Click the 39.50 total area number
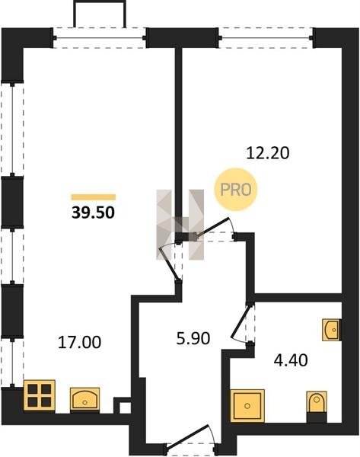click(x=93, y=213)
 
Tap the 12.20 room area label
click(x=268, y=153)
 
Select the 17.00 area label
click(x=79, y=342)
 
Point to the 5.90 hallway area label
click(x=193, y=339)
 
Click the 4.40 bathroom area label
click(x=291, y=360)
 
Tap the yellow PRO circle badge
click(x=236, y=190)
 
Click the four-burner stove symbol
click(x=40, y=395)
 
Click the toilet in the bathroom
click(x=317, y=407)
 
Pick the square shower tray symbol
click(x=247, y=406)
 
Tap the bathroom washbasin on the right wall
click(x=332, y=330)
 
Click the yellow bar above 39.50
click(x=94, y=197)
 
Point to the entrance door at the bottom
click(x=190, y=436)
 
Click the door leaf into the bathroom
click(x=241, y=321)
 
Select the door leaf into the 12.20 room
click(x=213, y=226)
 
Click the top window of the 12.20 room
click(x=266, y=37)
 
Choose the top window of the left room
click(x=99, y=37)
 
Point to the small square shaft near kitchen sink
click(x=126, y=407)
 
